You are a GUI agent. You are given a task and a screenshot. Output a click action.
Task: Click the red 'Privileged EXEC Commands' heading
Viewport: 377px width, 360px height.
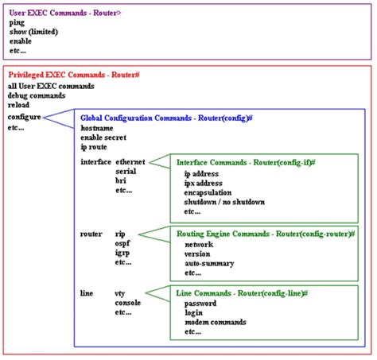click(74, 75)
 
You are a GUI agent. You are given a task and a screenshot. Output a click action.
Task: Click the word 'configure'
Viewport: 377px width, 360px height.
click(25, 117)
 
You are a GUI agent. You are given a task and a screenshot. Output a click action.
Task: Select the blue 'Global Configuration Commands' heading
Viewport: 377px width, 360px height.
click(166, 118)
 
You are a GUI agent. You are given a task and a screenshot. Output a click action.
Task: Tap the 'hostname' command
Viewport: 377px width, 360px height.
click(98, 127)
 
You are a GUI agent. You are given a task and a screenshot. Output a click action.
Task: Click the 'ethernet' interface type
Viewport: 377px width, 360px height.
click(130, 161)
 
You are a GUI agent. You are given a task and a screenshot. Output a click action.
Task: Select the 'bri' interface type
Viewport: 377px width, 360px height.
click(122, 181)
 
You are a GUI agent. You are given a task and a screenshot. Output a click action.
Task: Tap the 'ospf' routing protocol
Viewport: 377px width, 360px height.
click(123, 244)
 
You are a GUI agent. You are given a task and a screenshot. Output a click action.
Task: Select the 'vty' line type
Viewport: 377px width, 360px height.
click(120, 293)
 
